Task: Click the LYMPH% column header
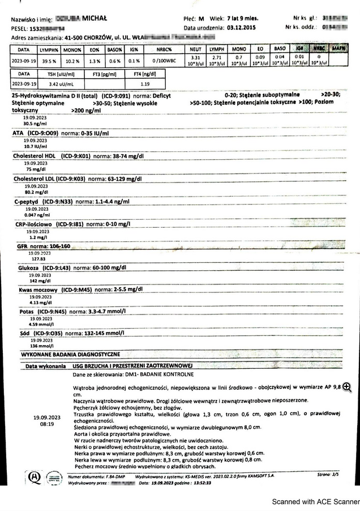coord(49,49)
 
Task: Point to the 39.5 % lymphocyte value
coord(49,61)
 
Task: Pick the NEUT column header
coord(196,49)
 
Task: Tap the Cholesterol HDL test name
coord(35,155)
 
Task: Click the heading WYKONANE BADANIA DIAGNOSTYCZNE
coord(70,355)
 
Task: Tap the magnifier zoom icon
coord(347,387)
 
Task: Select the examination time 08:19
coord(48,424)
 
